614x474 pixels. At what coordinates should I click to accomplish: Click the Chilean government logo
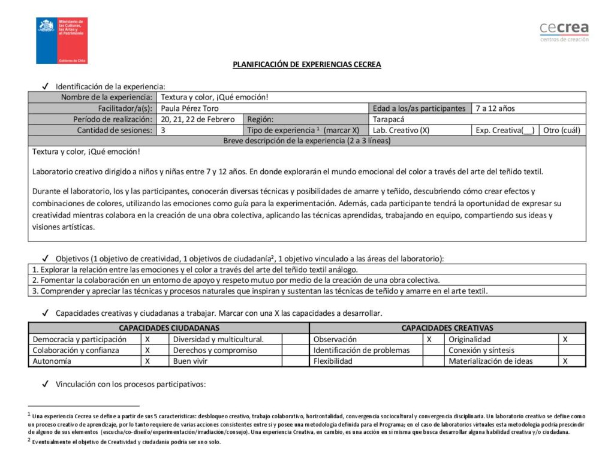pyautogui.click(x=62, y=41)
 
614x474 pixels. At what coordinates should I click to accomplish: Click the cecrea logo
pyautogui.click(x=564, y=31)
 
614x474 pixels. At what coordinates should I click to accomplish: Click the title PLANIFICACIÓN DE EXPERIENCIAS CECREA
pyautogui.click(x=307, y=65)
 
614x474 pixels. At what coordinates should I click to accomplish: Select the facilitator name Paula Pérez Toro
pyautogui.click(x=190, y=108)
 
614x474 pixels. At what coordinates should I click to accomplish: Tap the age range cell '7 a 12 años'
pyautogui.click(x=495, y=108)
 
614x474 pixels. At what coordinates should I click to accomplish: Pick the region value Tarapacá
pyautogui.click(x=389, y=119)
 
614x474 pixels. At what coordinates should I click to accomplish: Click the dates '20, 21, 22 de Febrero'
pyautogui.click(x=198, y=119)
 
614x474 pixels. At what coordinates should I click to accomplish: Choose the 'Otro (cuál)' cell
pyautogui.click(x=561, y=130)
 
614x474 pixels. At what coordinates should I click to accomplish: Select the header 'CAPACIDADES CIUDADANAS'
pyautogui.click(x=169, y=328)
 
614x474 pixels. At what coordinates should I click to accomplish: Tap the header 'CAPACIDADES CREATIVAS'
pyautogui.click(x=447, y=328)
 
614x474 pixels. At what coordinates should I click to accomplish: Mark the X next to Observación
pyautogui.click(x=429, y=339)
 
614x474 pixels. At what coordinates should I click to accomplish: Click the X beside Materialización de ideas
pyautogui.click(x=565, y=361)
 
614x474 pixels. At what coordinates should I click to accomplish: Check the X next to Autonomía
pyautogui.click(x=148, y=361)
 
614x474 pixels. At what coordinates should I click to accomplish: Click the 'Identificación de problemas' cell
pyautogui.click(x=362, y=350)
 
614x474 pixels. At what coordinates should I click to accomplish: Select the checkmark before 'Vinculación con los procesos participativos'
pyautogui.click(x=46, y=384)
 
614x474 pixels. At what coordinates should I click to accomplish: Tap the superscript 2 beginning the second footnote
pyautogui.click(x=29, y=440)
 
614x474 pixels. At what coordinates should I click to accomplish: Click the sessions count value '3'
pyautogui.click(x=163, y=130)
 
